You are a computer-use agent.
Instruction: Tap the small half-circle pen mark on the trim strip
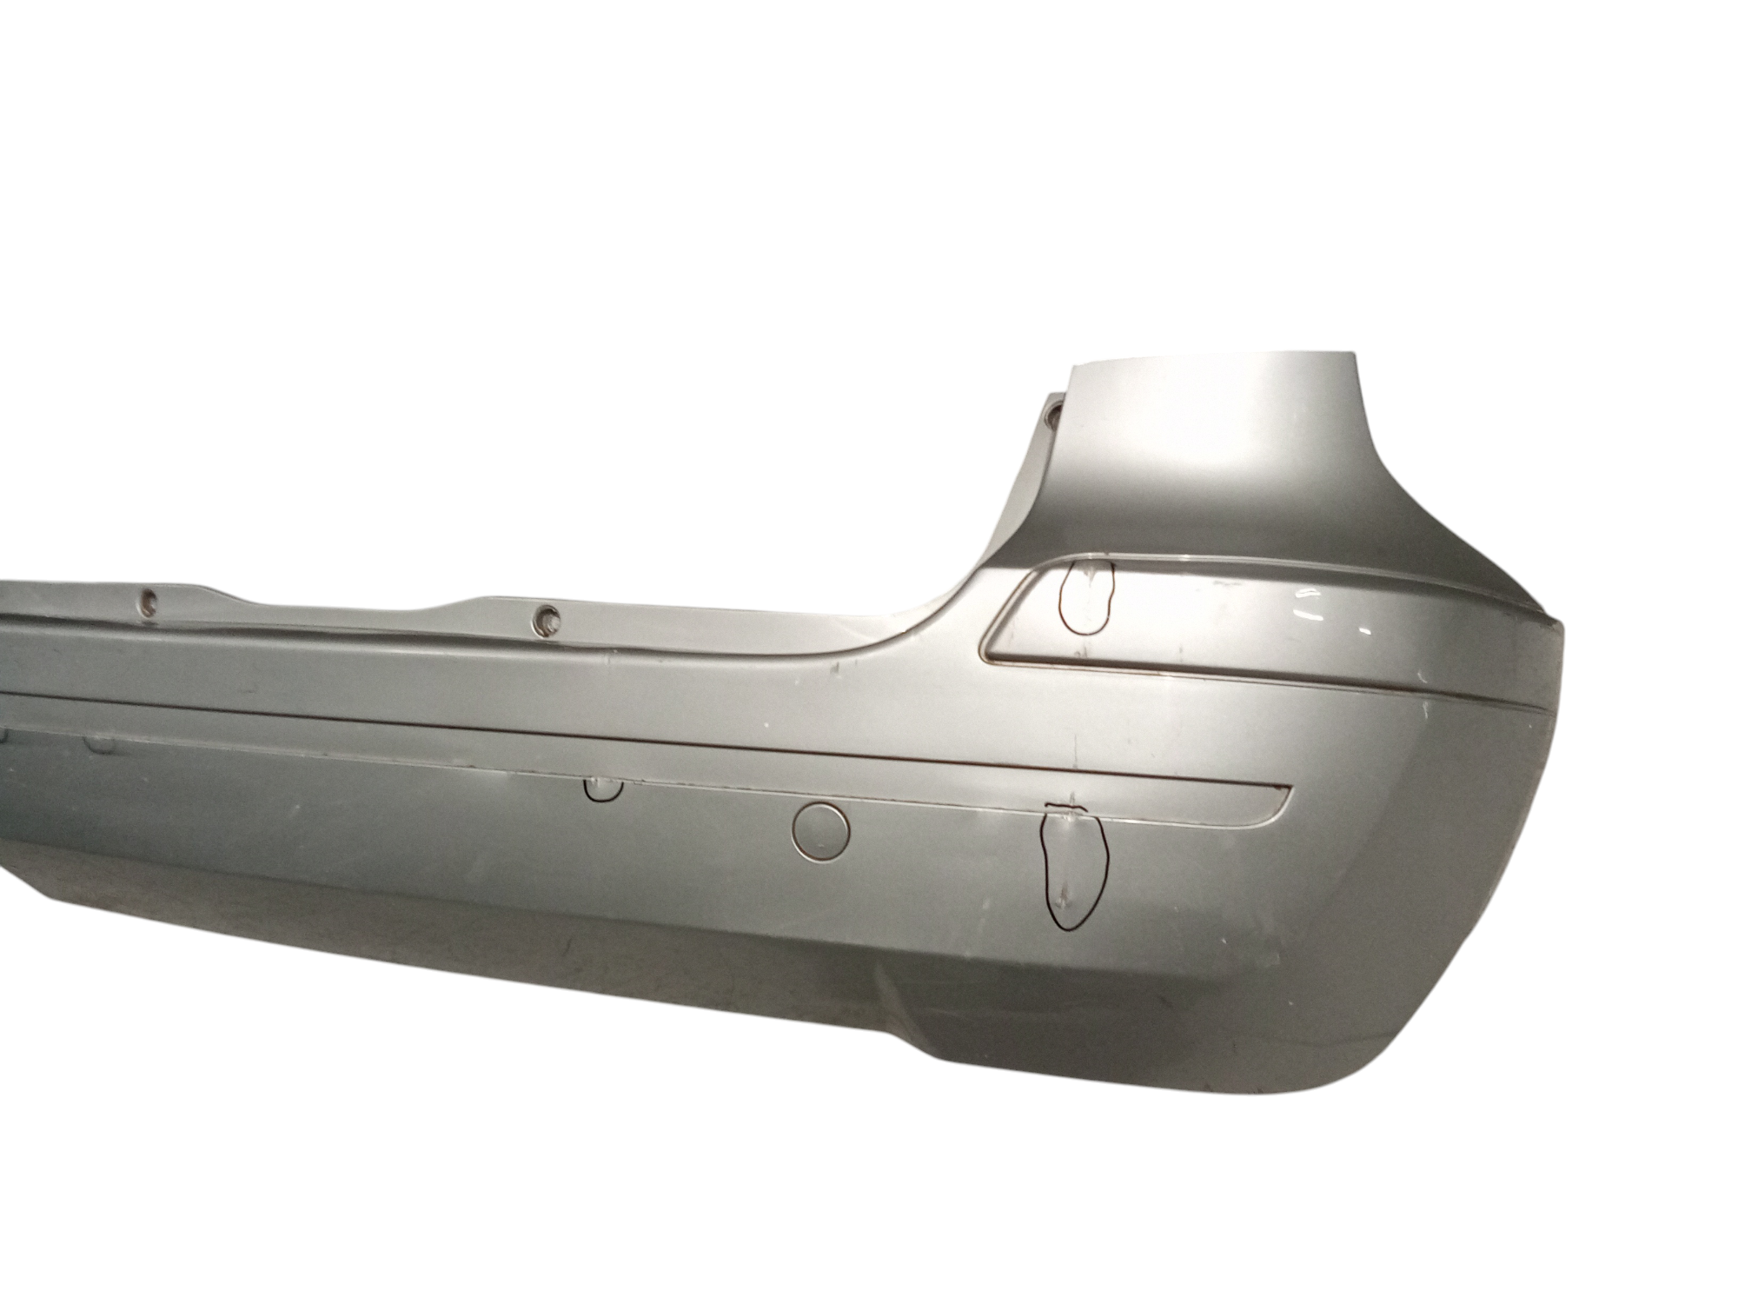[603, 788]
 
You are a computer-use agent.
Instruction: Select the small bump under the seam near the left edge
[102, 719]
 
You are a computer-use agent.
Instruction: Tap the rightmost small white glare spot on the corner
[1367, 628]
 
